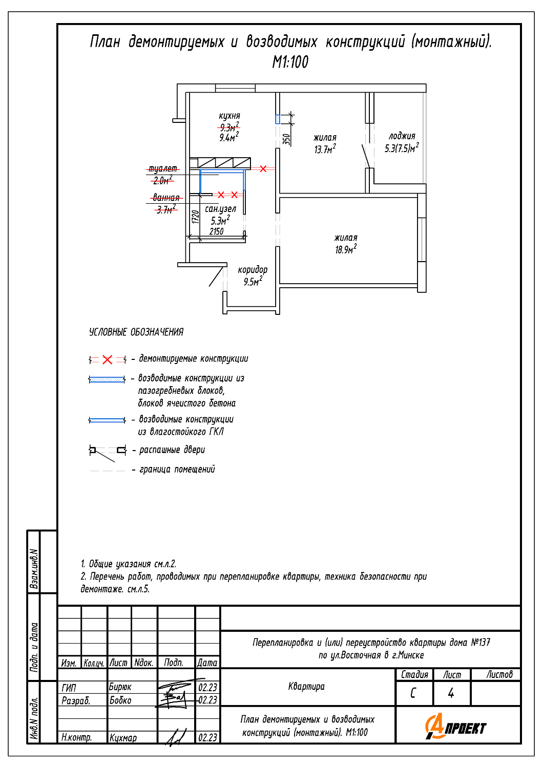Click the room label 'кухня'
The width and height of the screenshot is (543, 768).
coord(229,116)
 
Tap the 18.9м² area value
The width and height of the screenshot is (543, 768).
coord(346,250)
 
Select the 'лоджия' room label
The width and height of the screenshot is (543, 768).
coord(402,136)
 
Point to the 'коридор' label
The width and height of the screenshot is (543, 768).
coord(253,270)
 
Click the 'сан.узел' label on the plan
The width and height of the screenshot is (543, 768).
coord(220,209)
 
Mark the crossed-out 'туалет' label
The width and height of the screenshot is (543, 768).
coord(163,169)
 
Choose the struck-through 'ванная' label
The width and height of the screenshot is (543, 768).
coord(166,198)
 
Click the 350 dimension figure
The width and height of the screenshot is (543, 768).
coord(287,139)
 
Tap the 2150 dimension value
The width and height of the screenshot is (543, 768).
coord(217,231)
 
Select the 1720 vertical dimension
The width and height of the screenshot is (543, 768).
coord(195,217)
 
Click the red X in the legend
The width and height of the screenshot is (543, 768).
coord(107,360)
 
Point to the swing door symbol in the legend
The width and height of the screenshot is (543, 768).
coord(108,451)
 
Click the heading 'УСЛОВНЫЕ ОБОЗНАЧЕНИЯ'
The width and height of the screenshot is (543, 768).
coord(136,332)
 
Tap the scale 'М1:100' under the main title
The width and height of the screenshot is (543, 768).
coord(290,62)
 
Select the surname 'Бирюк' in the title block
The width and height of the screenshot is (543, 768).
coord(120,687)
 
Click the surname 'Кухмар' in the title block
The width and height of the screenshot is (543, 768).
coord(123,738)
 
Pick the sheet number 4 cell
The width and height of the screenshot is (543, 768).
coord(451,693)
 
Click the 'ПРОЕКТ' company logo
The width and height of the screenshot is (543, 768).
coord(455,727)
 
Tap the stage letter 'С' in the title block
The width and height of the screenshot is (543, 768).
coord(413,693)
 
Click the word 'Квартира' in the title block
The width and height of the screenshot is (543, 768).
coord(306,687)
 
